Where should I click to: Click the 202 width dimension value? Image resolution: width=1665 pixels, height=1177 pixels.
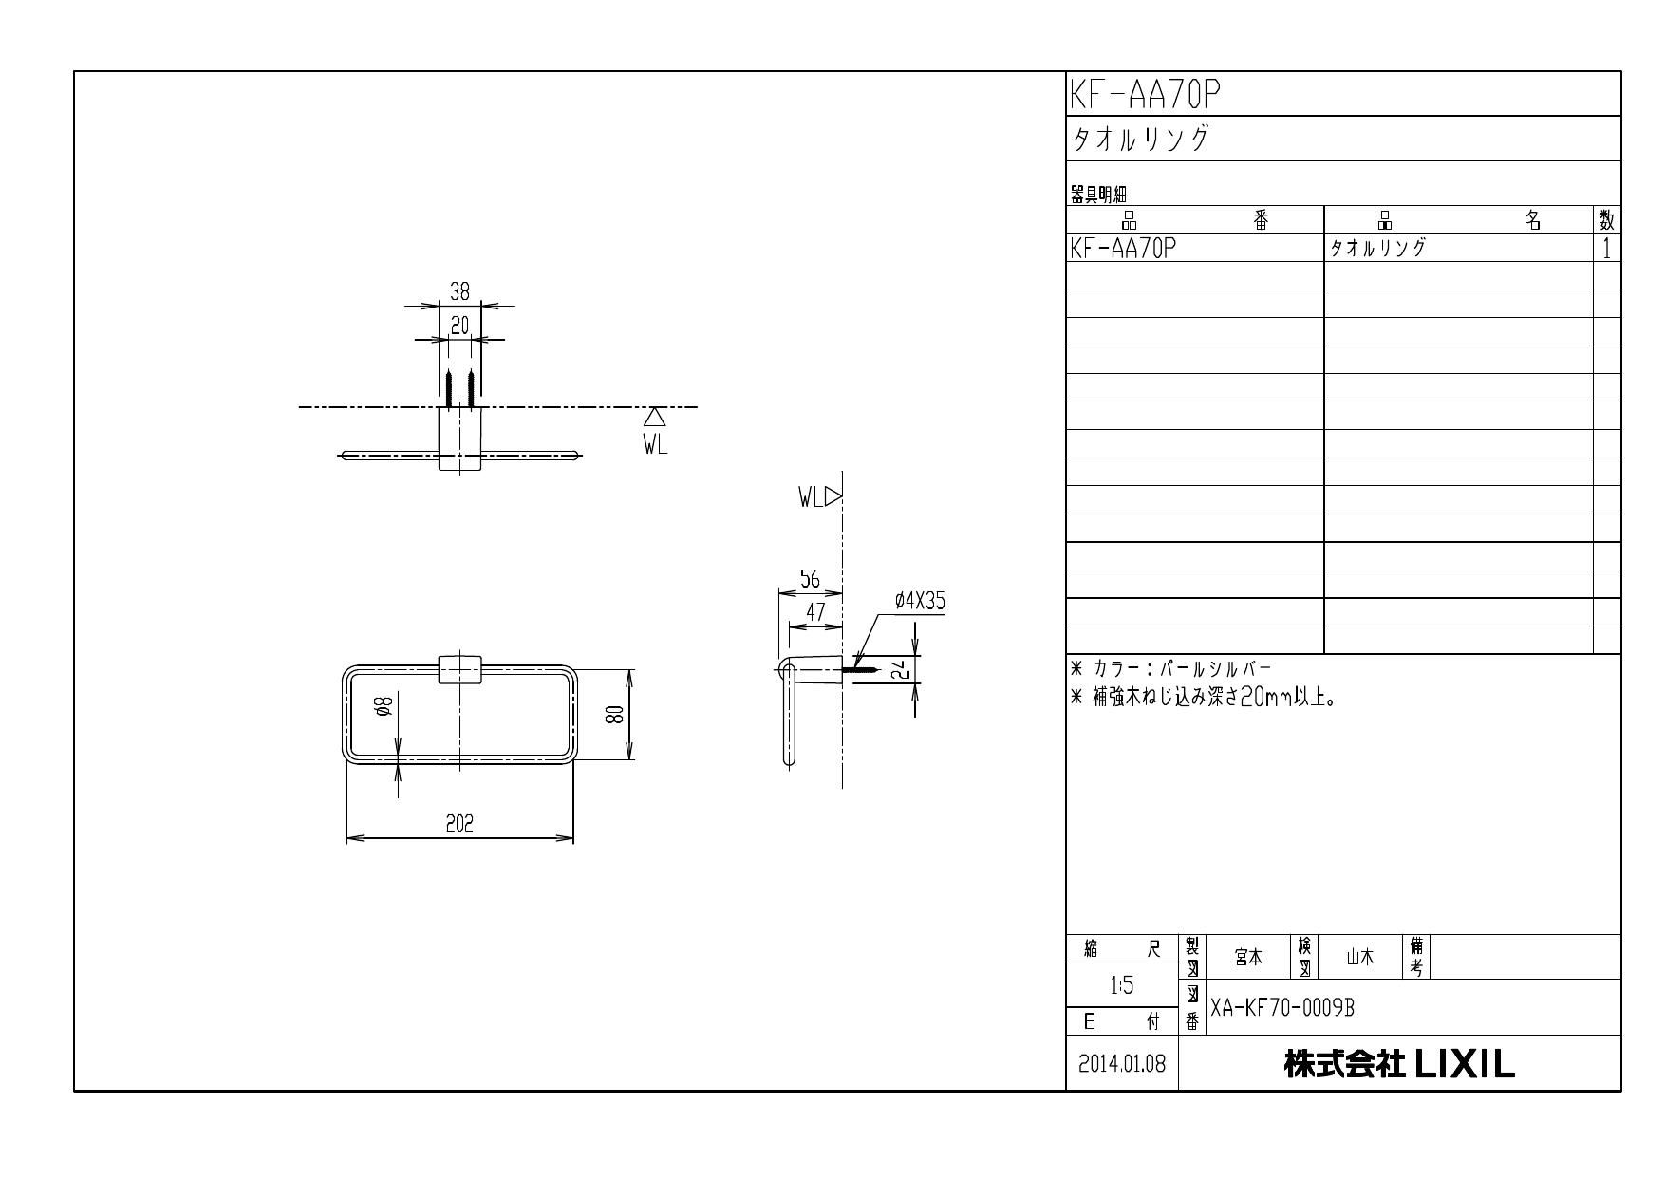click(460, 824)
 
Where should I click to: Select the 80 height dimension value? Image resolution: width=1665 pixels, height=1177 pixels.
click(615, 715)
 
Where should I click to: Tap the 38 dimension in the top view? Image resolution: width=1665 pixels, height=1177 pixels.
click(459, 291)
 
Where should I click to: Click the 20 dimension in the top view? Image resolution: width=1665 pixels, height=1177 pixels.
click(459, 326)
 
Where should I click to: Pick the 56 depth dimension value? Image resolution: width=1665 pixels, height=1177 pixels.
click(810, 580)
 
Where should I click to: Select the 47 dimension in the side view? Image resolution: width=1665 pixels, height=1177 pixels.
click(815, 612)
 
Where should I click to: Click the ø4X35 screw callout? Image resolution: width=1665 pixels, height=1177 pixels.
click(919, 601)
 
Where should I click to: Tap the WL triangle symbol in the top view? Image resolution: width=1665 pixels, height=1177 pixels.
click(654, 418)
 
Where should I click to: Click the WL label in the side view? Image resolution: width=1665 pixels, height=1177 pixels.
click(810, 497)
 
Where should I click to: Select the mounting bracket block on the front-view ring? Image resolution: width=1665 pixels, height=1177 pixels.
click(460, 668)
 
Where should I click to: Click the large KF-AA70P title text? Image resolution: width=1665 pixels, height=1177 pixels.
click(1145, 94)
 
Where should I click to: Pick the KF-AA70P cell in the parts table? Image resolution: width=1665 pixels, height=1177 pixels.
click(1124, 249)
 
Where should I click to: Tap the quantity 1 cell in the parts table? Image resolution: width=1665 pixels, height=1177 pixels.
click(1606, 249)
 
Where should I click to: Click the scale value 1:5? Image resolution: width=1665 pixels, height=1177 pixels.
click(1122, 986)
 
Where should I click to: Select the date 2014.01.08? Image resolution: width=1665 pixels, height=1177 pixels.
click(1122, 1064)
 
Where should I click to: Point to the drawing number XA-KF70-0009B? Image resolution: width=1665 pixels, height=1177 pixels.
click(1281, 1008)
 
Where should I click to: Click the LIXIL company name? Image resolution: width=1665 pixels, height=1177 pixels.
click(1399, 1064)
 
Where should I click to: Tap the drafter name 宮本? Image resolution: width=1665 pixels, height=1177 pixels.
click(1248, 958)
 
